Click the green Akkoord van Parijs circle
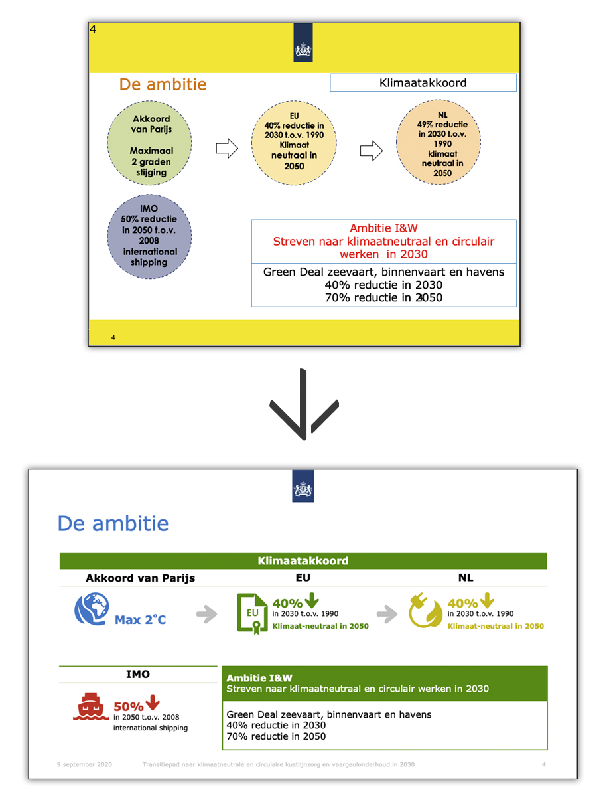151,145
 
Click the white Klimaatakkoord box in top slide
423,83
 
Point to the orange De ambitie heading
163,84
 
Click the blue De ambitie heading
113,523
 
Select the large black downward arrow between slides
304,405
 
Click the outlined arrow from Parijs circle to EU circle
227,148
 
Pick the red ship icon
90,710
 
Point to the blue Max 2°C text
140,620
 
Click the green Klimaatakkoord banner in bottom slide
303,561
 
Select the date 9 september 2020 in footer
84,764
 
